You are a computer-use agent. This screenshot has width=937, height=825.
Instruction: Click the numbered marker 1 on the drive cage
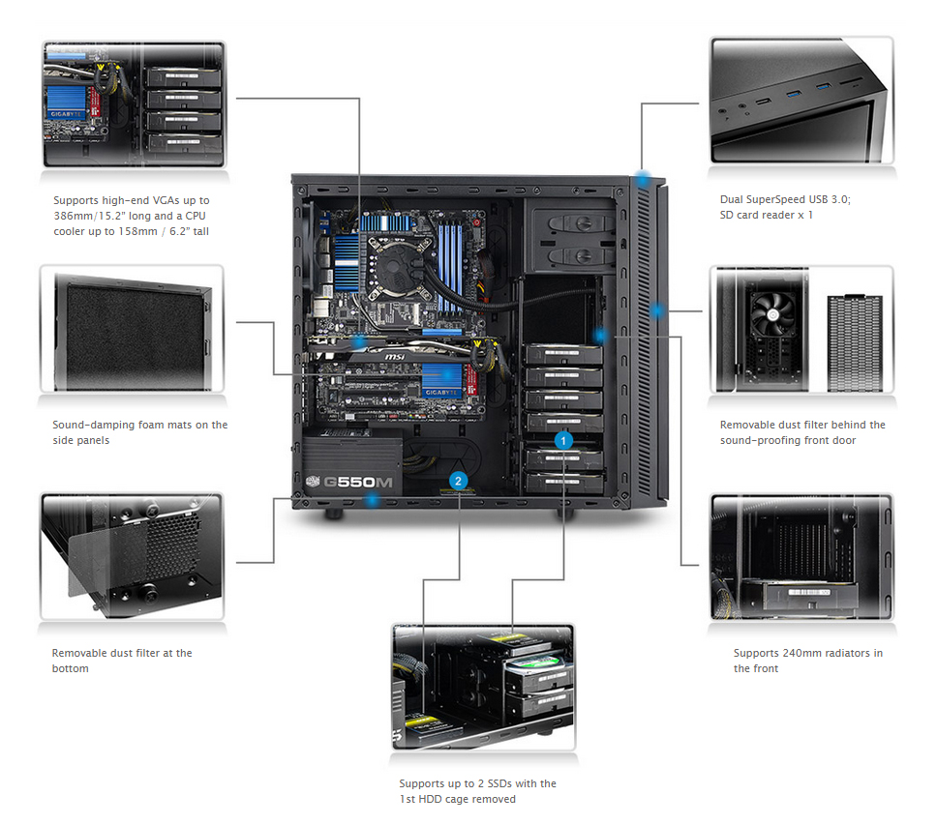563,441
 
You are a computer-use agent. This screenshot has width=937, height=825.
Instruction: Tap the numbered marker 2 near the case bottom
459,481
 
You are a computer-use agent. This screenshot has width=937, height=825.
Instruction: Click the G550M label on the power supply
358,482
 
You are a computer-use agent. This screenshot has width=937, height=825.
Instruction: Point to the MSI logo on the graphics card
394,356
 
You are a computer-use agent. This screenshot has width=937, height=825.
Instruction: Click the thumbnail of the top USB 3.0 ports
801,101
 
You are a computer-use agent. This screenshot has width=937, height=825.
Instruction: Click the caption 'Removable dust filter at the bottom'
122,661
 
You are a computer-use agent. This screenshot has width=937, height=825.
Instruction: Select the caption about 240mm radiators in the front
808,661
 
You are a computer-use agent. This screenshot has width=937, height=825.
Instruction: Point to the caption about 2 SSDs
477,791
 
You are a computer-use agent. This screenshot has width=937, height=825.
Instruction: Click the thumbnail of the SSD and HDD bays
483,687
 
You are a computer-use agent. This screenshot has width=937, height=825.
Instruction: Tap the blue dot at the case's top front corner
643,179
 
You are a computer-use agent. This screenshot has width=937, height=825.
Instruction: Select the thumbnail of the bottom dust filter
132,556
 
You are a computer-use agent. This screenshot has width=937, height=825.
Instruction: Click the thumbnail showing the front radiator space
801,556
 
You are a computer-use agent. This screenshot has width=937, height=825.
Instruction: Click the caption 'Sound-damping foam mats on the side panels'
139,432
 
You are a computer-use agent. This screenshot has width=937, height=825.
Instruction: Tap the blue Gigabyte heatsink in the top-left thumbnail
67,103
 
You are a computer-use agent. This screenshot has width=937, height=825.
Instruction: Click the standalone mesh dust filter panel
855,343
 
